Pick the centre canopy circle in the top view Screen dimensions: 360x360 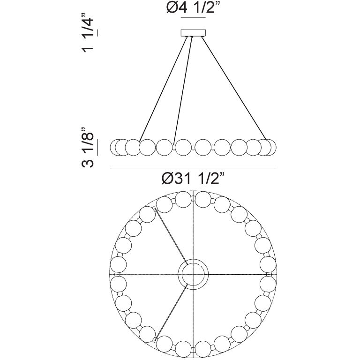(193, 274)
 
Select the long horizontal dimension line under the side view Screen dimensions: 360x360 (193, 167)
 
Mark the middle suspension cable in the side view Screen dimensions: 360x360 (183, 89)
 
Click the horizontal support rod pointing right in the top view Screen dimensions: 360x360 (234, 274)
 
